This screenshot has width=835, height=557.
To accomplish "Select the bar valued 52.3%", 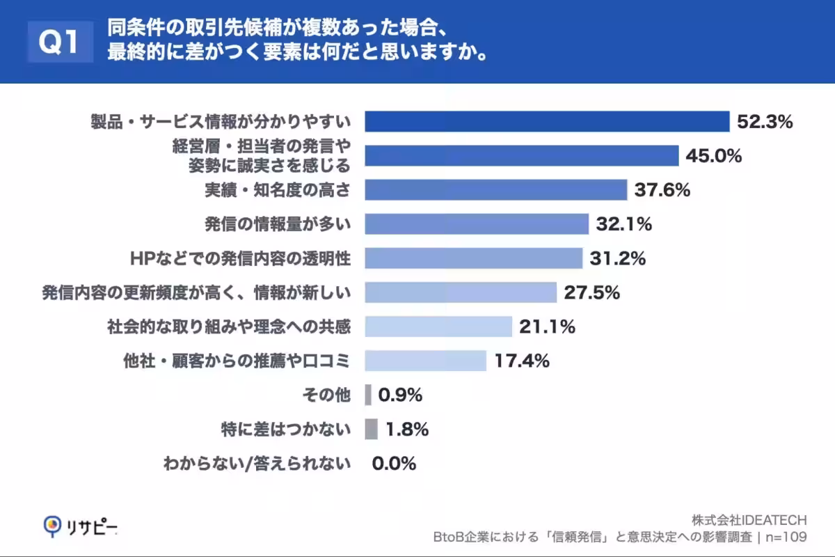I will point(546,121).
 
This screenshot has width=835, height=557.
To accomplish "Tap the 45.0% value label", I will point(713,155).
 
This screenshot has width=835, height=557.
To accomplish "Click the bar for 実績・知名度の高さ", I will point(495,189).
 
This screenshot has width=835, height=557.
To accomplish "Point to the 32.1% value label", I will point(623,223).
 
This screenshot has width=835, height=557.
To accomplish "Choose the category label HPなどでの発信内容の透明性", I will point(240,258).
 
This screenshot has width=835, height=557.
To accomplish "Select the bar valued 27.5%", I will point(460,292).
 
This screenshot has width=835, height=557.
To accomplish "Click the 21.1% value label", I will point(547,327).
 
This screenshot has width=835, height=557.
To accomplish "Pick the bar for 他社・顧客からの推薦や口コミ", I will point(425,361).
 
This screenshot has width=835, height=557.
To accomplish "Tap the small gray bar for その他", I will point(368,395).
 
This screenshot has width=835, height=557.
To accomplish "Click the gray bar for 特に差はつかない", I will point(371,429).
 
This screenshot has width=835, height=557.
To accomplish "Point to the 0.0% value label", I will point(394,463).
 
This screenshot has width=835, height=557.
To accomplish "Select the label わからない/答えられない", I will point(257,463).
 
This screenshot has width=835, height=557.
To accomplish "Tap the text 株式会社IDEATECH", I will point(749,520).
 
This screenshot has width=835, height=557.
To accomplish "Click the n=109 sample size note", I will point(786,537).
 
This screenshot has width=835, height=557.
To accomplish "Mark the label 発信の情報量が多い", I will point(278,223).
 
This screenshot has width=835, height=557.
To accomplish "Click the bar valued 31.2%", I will point(473,258).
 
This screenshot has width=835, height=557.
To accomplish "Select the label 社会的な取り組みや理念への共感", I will point(229,327).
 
